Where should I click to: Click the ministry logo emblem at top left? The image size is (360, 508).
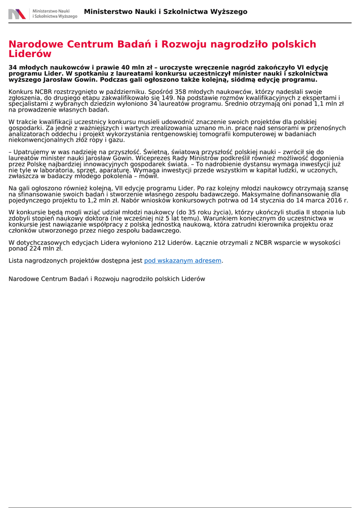click(17, 14)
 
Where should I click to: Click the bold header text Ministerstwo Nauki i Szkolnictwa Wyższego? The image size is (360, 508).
click(165, 12)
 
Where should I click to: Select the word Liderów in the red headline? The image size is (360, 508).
click(30, 54)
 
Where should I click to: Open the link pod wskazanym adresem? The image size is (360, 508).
click(183, 260)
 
